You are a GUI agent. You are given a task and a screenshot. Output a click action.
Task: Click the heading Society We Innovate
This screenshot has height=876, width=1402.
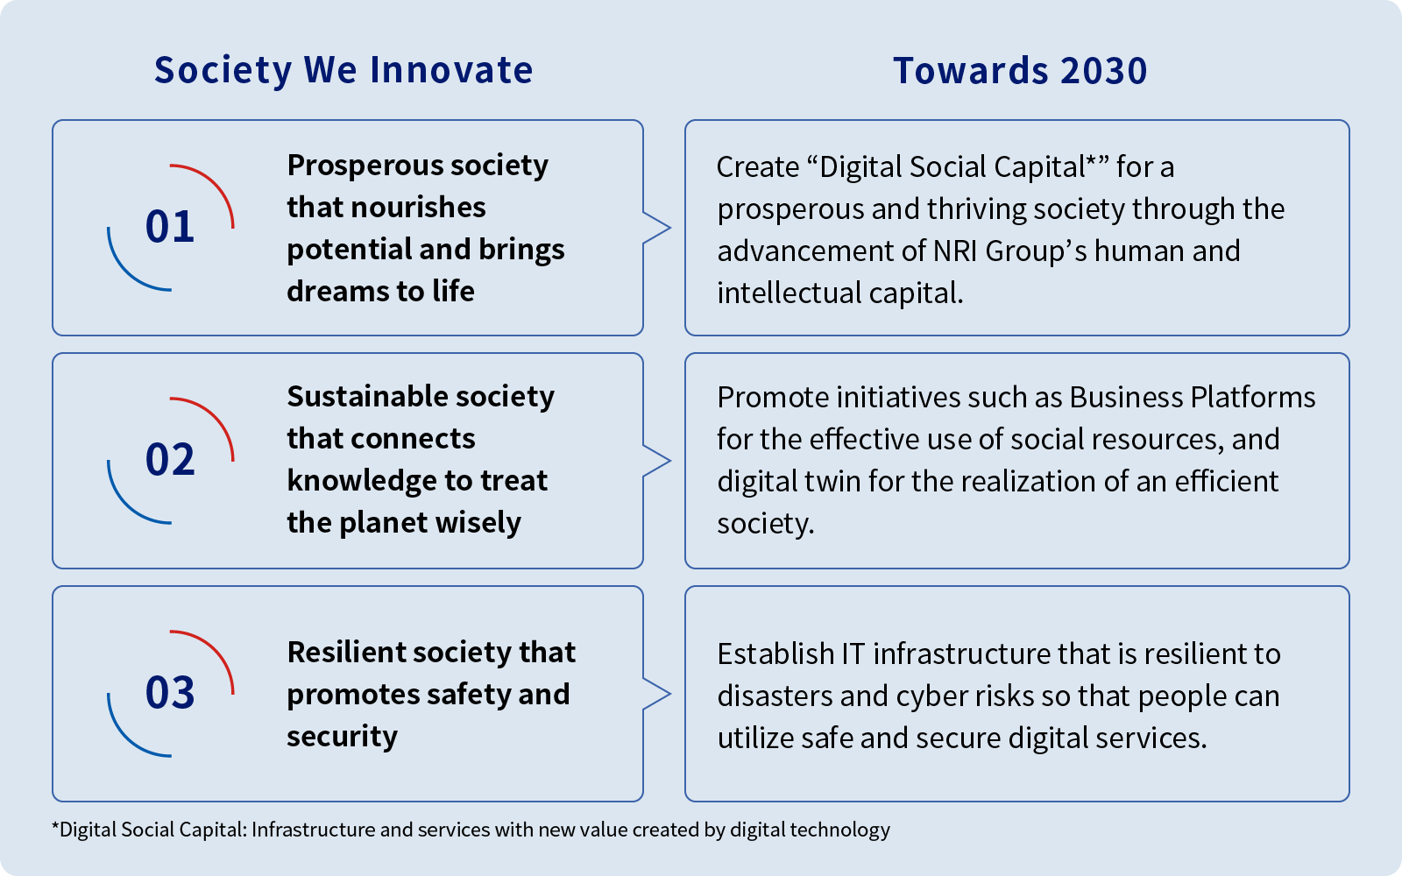pyautogui.click(x=343, y=70)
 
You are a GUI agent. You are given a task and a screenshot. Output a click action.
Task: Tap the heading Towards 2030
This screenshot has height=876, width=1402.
pyautogui.click(x=1020, y=70)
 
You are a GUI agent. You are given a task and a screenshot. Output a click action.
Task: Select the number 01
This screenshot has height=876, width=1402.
pyautogui.click(x=170, y=227)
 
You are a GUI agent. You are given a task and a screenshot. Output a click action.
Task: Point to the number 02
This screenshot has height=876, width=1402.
pyautogui.click(x=170, y=459)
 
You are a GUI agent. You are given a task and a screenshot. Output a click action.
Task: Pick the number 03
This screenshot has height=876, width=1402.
pyautogui.click(x=170, y=692)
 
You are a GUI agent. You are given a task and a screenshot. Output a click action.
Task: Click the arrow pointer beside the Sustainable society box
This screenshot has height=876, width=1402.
pyautogui.click(x=657, y=461)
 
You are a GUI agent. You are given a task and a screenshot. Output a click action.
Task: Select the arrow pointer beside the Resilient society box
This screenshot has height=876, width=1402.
pyautogui.click(x=657, y=694)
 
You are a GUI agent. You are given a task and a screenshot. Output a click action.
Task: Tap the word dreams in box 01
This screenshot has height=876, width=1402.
pyautogui.click(x=342, y=291)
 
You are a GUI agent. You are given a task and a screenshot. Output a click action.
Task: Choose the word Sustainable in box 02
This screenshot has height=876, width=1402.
pyautogui.click(x=367, y=396)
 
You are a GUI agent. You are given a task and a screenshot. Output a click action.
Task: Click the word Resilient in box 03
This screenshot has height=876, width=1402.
pyautogui.click(x=345, y=652)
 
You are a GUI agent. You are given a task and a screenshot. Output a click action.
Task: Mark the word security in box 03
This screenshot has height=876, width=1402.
pyautogui.click(x=343, y=737)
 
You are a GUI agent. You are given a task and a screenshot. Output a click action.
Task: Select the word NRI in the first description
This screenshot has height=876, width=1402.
pyautogui.click(x=954, y=251)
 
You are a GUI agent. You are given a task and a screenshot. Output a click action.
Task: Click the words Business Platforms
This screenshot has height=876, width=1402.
pyautogui.click(x=1193, y=398)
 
